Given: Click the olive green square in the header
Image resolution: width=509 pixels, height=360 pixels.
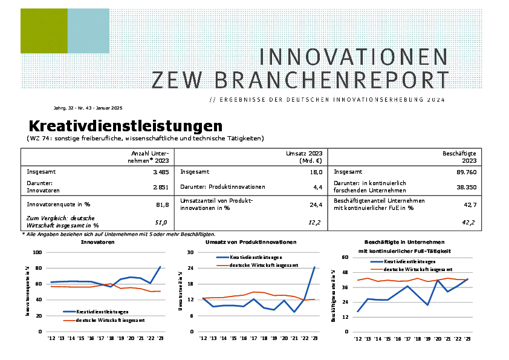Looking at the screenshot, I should point(44,31).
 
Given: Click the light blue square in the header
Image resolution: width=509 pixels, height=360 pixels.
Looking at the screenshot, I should point(88,31).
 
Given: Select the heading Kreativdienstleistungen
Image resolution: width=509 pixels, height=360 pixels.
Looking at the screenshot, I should point(126,126).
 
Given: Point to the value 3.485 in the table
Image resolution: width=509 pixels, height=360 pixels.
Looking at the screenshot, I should point(161,172).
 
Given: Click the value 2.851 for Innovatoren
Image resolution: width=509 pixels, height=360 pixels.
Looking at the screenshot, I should point(161,188).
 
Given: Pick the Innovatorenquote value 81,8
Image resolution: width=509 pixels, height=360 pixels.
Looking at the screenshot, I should point(163,205).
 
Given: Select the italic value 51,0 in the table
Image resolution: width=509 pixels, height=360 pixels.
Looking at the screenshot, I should point(163,223).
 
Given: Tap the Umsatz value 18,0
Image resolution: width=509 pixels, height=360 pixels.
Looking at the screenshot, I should point(314,172).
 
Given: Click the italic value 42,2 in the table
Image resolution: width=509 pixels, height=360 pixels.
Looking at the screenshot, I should point(469,223).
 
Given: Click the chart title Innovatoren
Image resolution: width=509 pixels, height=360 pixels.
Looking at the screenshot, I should point(98,242).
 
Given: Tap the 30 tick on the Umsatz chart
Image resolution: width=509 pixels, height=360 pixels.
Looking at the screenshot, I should point(190,252).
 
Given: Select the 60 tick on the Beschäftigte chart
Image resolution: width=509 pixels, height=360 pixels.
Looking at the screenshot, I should point(345,258).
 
